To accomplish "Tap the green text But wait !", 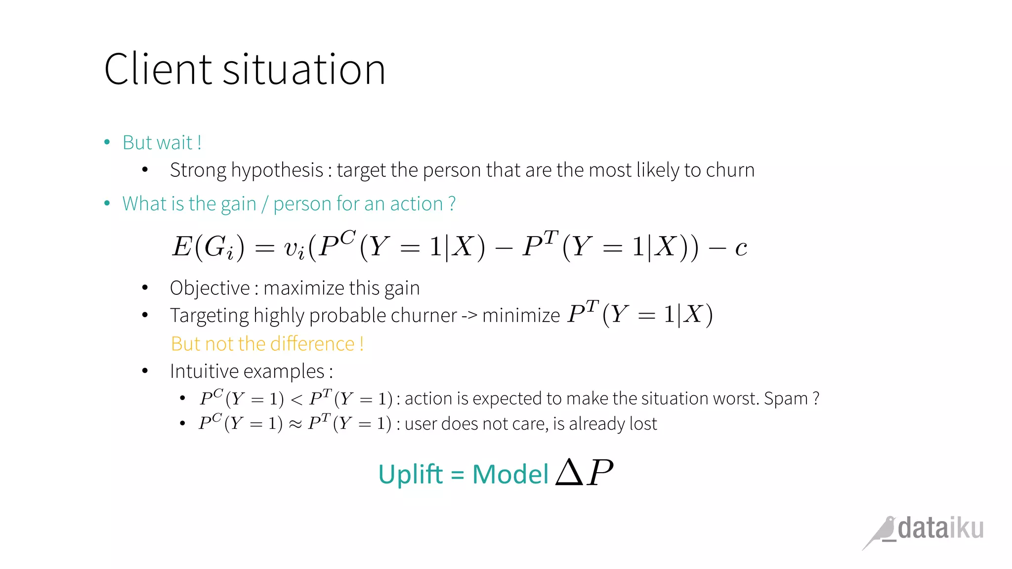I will [162, 143].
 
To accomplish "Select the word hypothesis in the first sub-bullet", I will [277, 170].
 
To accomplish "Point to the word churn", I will [730, 170].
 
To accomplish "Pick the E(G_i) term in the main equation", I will [208, 246].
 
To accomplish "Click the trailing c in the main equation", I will [740, 247].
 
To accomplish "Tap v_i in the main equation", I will [295, 248].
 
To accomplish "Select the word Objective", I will [210, 288].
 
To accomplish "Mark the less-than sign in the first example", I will [296, 399].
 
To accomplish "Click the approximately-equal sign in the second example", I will [295, 424].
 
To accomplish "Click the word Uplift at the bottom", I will [410, 474].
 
